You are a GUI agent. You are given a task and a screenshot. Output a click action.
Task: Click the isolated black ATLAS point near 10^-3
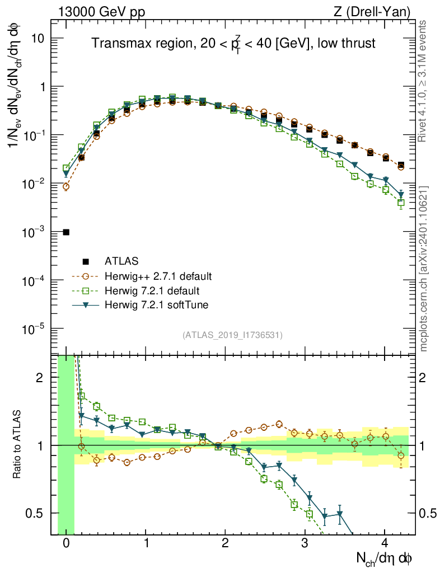[x=66, y=232]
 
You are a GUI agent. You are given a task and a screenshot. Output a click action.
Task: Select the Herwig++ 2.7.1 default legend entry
[x=157, y=276]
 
